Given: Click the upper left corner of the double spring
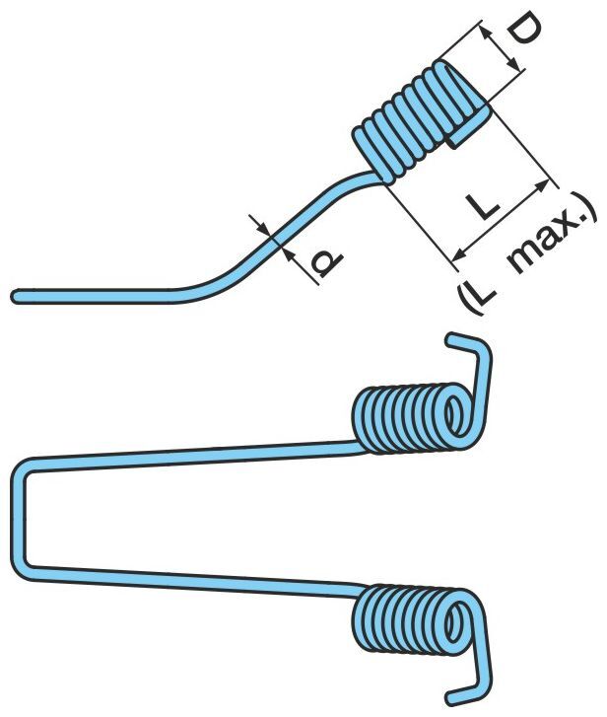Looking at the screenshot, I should pos(25,466).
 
